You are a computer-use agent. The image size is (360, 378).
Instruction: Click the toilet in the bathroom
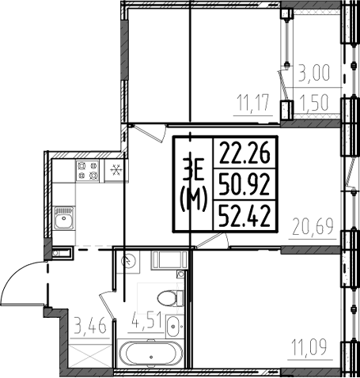tap(168, 297)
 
